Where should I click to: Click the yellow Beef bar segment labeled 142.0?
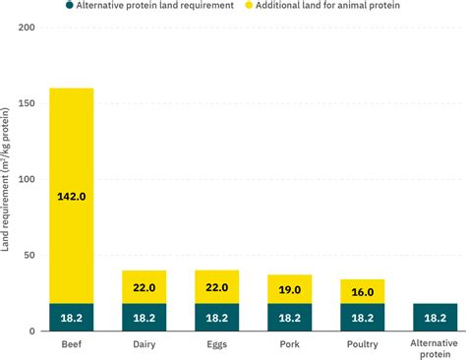[71, 196]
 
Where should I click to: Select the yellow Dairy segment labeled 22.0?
[144, 286]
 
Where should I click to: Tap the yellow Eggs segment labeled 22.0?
[216, 286]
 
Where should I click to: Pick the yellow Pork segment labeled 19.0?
[289, 288]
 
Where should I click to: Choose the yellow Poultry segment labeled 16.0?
[362, 291]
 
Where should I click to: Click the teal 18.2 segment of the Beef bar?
[71, 318]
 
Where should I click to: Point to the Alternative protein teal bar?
[435, 318]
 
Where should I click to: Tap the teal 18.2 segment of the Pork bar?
[289, 318]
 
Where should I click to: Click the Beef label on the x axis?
[71, 345]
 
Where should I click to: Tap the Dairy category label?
[144, 345]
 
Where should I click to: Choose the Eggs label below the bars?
[216, 345]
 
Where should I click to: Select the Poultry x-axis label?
[362, 345]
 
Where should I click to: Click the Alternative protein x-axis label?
[435, 349]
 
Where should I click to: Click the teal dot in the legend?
[71, 7]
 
